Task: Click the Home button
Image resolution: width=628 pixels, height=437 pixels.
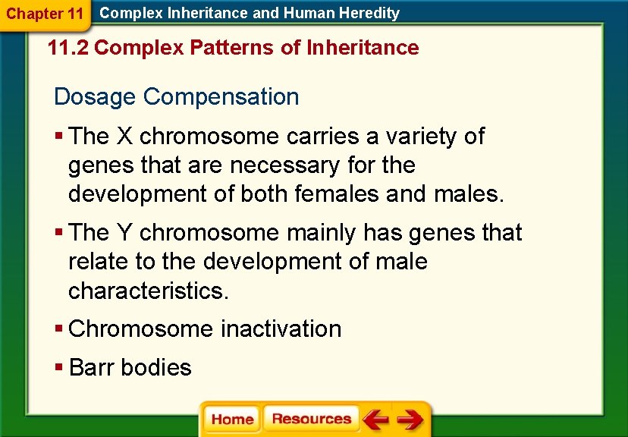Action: click(x=232, y=420)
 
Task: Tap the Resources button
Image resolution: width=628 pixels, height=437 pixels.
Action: click(x=311, y=420)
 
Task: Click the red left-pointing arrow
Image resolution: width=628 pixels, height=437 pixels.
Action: click(x=375, y=420)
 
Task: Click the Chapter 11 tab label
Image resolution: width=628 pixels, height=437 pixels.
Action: click(x=44, y=14)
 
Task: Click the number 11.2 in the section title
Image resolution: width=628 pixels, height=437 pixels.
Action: click(x=68, y=48)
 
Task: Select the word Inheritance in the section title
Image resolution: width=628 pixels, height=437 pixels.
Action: click(x=363, y=48)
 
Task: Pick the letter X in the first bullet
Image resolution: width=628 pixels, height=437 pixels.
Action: click(x=124, y=137)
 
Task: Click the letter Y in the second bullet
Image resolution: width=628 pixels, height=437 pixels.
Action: click(x=124, y=232)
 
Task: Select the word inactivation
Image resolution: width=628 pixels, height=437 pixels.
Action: click(x=281, y=329)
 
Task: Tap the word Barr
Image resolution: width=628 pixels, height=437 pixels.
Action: click(x=92, y=368)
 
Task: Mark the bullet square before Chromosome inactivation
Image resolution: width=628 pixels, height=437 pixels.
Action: click(x=59, y=329)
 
